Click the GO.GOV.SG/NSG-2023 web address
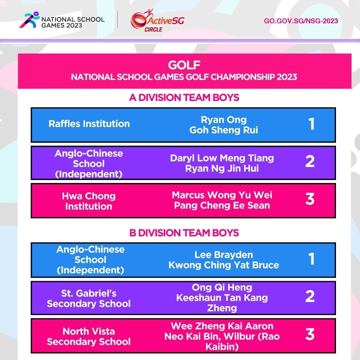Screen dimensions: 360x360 point(301,21)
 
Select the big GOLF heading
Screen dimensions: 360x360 point(184,64)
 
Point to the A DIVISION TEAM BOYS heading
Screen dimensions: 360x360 point(184,98)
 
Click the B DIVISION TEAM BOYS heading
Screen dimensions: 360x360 point(184,233)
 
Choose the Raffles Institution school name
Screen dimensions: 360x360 point(89,124)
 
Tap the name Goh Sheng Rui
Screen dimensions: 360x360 point(224,130)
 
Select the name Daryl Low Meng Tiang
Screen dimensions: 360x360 point(222,158)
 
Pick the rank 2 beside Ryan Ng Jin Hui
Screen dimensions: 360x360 point(310,162)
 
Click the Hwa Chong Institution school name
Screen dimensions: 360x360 point(89,201)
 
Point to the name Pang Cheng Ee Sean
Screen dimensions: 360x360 point(222,205)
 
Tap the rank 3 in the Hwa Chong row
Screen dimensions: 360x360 point(310,199)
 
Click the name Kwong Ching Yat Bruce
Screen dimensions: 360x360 point(224,265)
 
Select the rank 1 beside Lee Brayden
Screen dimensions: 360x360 point(311,259)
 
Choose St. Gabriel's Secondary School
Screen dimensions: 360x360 point(89,298)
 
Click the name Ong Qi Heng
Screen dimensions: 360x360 point(222,287)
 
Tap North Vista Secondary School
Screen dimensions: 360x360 point(89,336)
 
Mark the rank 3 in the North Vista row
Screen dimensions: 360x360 point(310,334)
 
